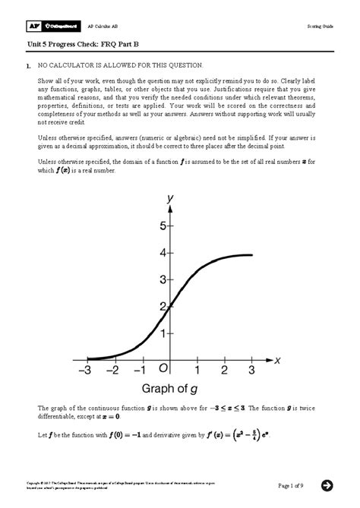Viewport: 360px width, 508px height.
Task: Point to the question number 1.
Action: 27,68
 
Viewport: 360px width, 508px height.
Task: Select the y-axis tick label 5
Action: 162,226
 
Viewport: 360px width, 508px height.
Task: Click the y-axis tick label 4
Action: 162,253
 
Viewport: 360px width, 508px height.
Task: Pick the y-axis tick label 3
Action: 162,280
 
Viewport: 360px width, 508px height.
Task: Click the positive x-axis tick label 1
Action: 197,370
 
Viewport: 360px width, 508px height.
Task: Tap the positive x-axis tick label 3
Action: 251,370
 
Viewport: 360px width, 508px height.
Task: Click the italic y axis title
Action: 170,199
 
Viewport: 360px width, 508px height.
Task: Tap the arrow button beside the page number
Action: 327,485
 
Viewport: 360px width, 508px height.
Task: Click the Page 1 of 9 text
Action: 292,486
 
